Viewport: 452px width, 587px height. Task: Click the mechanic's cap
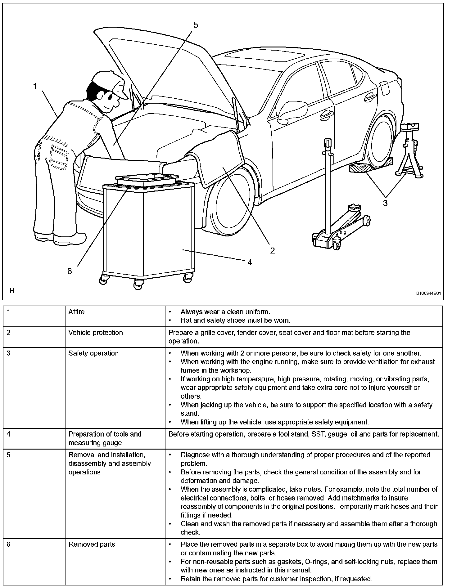(x=110, y=81)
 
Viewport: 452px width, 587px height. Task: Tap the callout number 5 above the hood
(x=195, y=25)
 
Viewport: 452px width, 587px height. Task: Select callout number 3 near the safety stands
(x=385, y=203)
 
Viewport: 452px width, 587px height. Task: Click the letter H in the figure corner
(x=12, y=291)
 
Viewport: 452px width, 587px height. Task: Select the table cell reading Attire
(x=76, y=312)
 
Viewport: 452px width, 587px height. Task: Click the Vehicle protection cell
(x=96, y=333)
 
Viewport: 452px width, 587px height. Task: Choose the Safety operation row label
(x=93, y=353)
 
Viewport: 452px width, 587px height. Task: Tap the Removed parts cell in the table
(x=92, y=544)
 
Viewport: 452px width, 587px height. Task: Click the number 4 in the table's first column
(x=9, y=434)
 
